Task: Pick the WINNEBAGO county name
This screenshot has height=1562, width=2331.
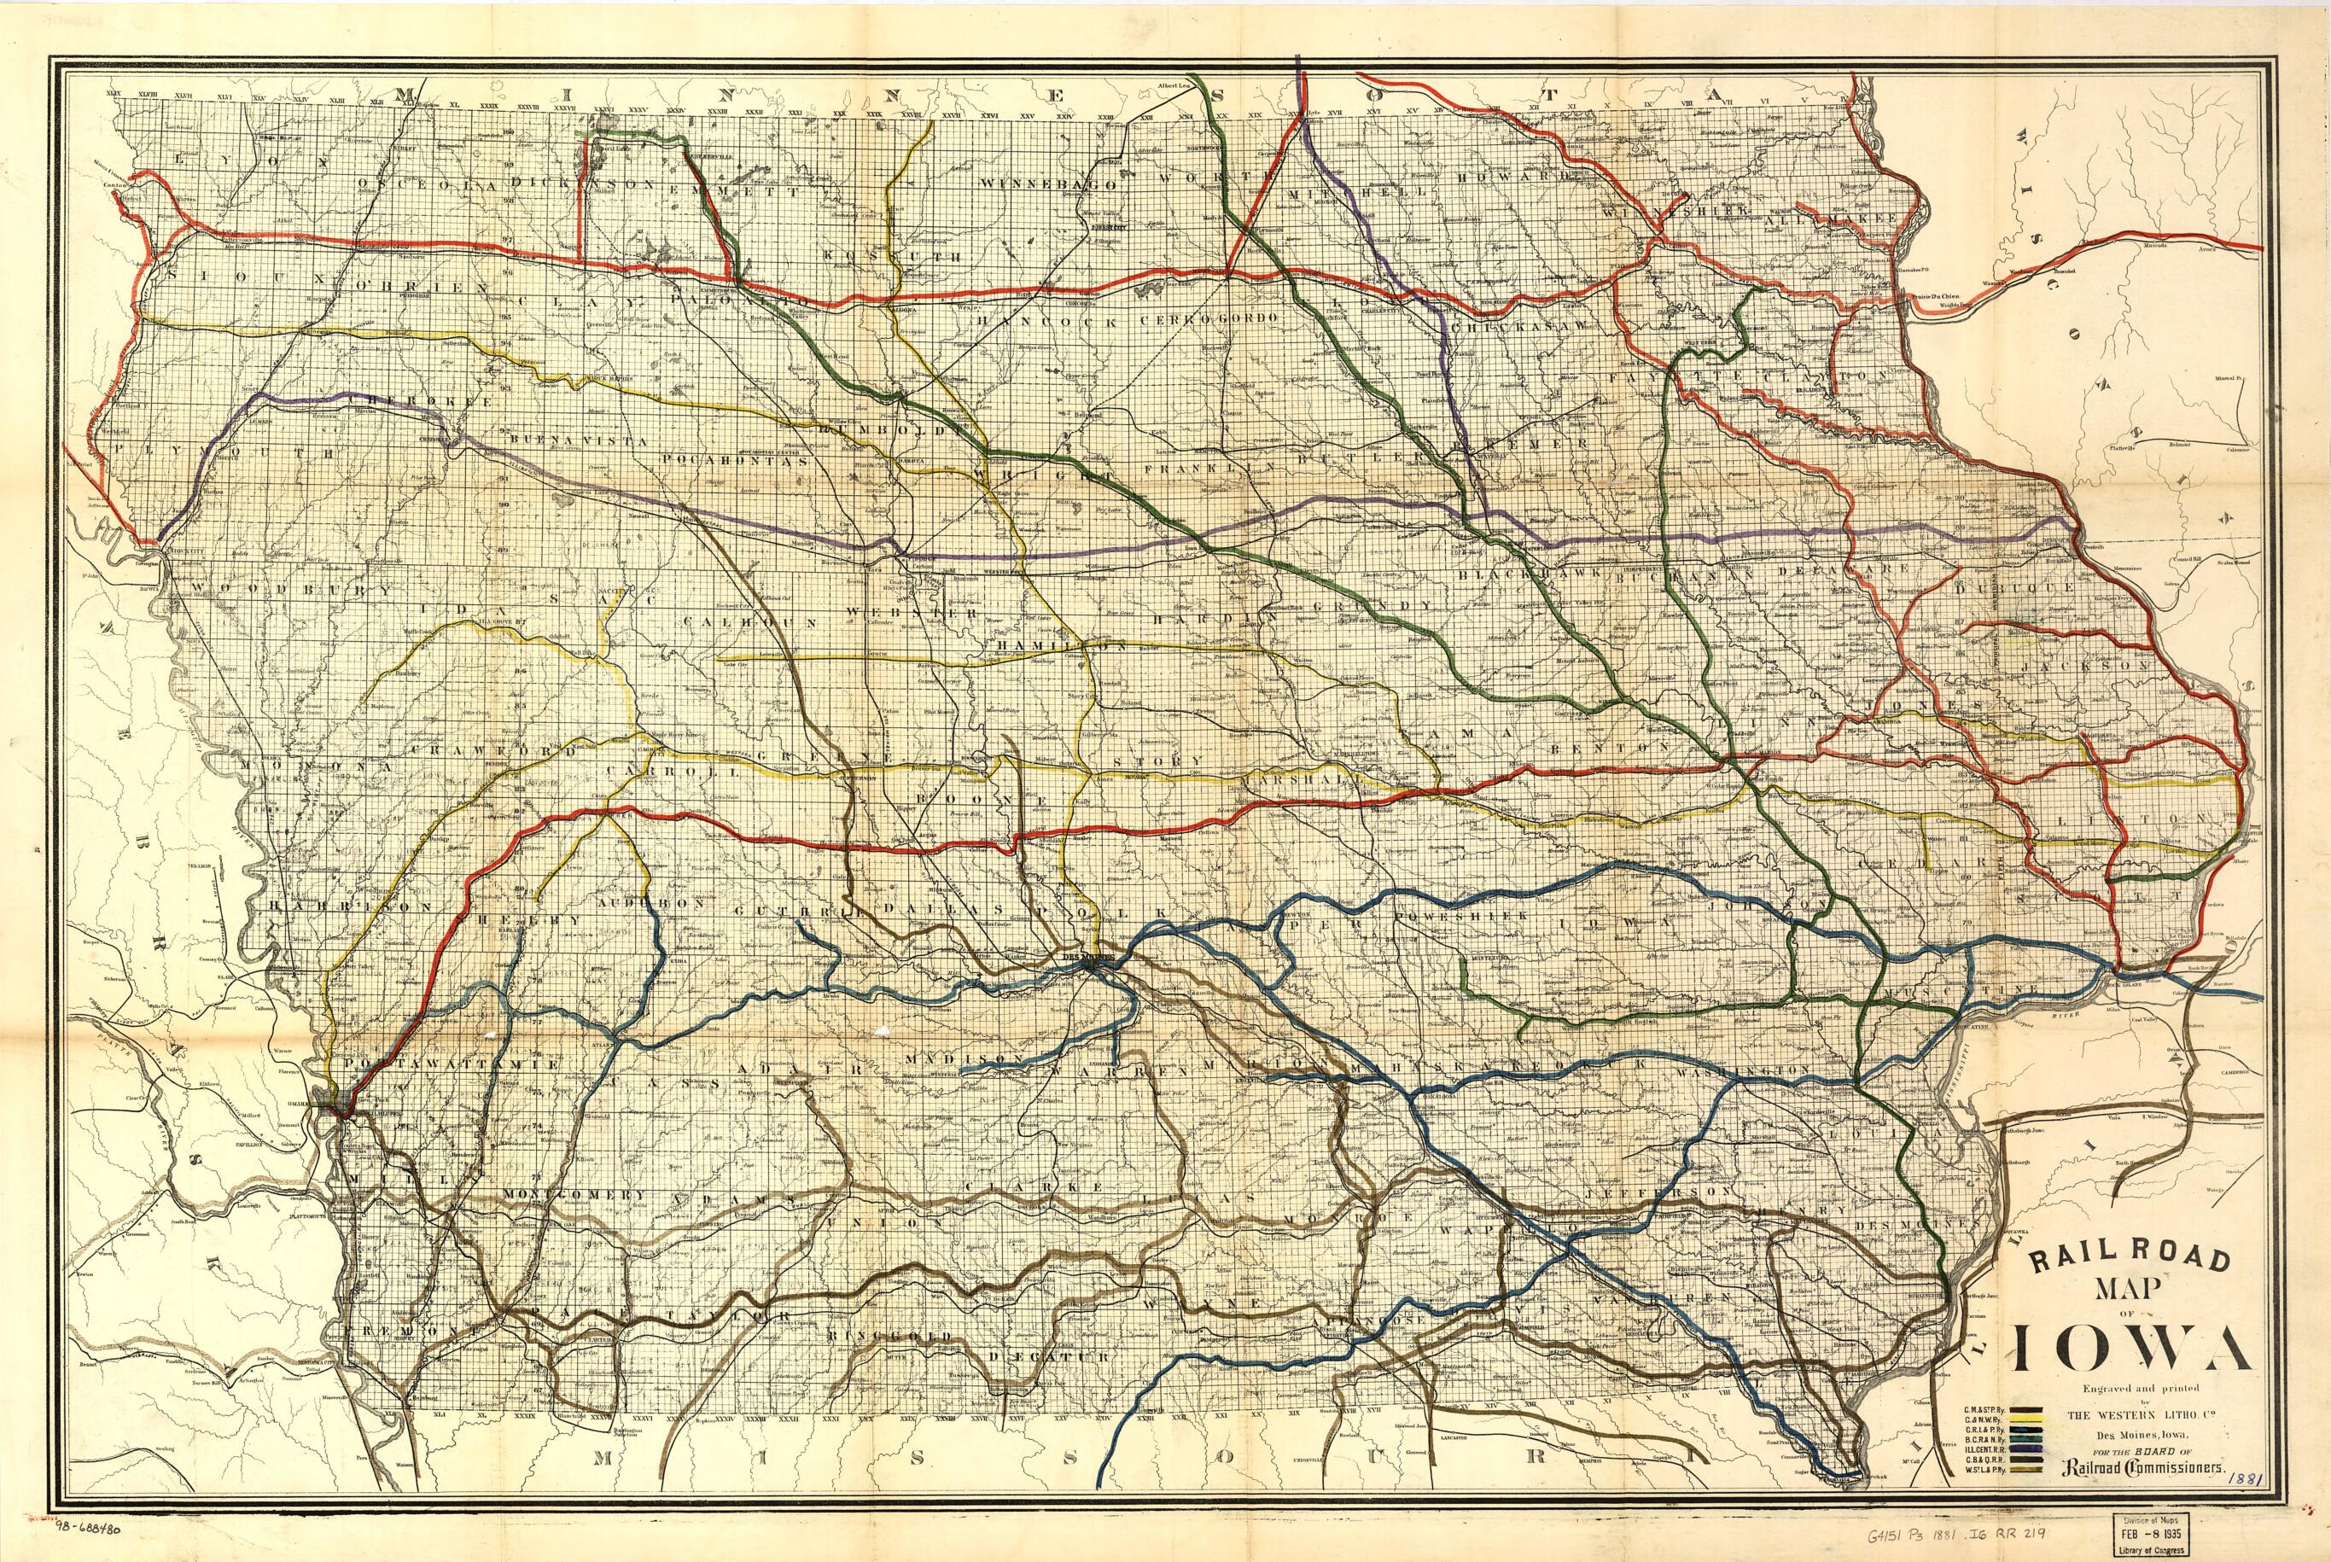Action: point(1046,184)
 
